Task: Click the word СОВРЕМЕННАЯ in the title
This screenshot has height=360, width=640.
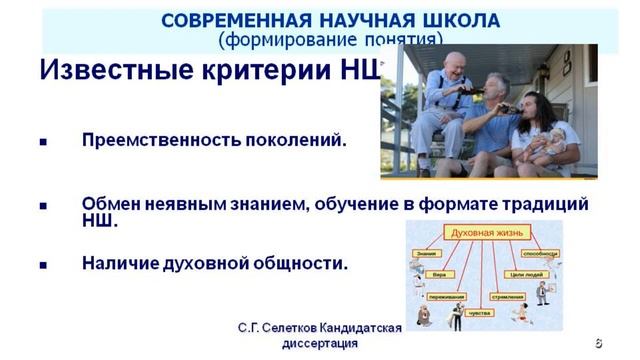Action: point(215,21)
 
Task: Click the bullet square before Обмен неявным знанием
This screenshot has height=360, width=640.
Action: point(43,205)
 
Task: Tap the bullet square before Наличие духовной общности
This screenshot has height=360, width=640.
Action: point(43,266)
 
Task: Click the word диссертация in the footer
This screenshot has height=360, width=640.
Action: point(315,343)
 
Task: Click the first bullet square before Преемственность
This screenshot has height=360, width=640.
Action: point(43,142)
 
